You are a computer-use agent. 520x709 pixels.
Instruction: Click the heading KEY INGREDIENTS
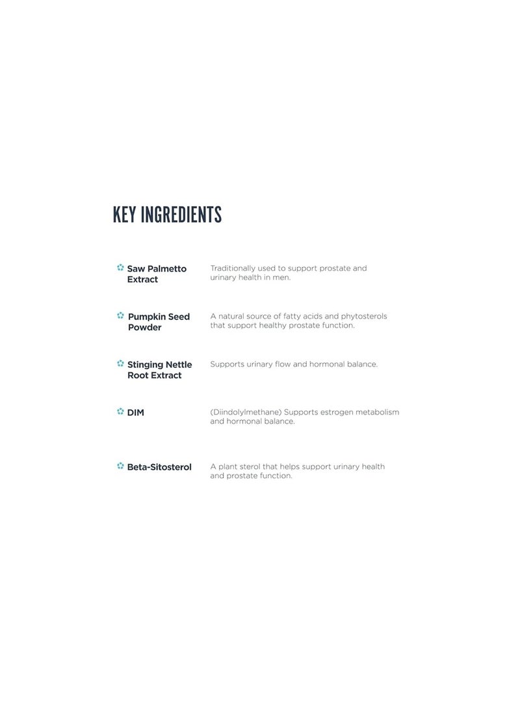click(x=167, y=214)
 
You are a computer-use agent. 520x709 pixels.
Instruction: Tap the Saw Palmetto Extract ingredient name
click(x=156, y=274)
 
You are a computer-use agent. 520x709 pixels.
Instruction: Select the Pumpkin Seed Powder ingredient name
click(x=159, y=322)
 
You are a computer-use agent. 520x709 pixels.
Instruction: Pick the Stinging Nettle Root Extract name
click(x=159, y=370)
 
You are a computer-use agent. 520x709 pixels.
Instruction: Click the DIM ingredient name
click(x=135, y=413)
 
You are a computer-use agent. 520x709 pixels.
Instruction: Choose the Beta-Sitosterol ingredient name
click(x=159, y=467)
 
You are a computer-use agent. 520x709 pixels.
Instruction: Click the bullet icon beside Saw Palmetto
click(x=120, y=268)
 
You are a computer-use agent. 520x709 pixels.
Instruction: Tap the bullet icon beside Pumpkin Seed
click(x=120, y=316)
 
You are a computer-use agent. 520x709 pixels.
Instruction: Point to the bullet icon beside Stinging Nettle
click(x=120, y=364)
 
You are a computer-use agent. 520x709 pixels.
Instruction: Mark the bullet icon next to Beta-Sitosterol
click(x=120, y=466)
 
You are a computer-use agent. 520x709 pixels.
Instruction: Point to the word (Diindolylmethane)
click(x=246, y=413)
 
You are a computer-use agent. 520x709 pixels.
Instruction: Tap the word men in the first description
click(x=281, y=277)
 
